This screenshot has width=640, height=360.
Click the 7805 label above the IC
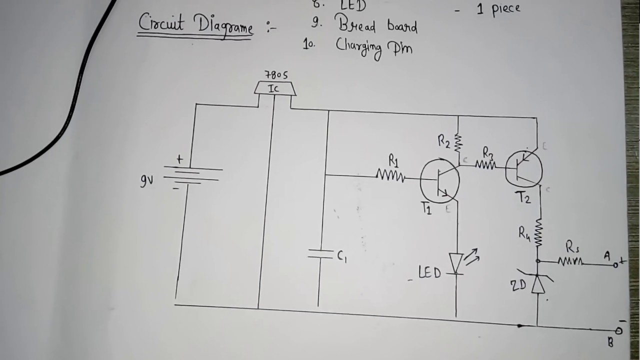[x=276, y=75]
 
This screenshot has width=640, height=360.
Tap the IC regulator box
[x=274, y=89]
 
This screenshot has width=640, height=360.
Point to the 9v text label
[x=146, y=180]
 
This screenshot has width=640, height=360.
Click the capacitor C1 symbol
[x=320, y=254]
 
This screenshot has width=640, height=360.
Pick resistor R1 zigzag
[x=390, y=175]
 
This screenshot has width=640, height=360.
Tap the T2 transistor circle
[x=523, y=168]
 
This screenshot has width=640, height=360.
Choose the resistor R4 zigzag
[x=538, y=233]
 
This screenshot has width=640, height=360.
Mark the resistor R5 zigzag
[x=570, y=261]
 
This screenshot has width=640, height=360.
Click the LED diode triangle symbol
[x=455, y=263]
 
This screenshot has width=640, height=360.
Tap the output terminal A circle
[x=616, y=265]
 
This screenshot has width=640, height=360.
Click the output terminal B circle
[x=618, y=330]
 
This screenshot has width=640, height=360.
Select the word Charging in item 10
[x=359, y=47]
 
